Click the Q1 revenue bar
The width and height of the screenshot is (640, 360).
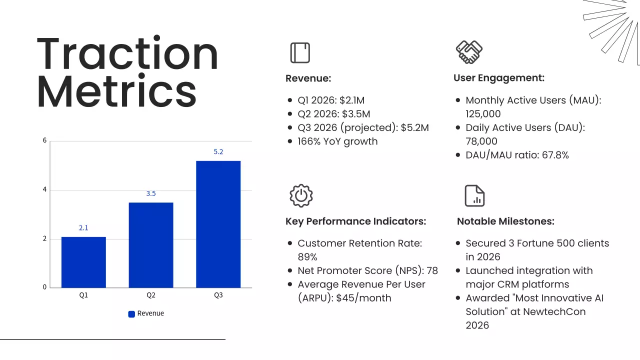[83, 262]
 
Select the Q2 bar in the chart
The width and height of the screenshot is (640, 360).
[151, 245]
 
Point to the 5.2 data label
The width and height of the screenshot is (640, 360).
[218, 152]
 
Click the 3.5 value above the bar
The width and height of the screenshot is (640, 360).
[151, 193]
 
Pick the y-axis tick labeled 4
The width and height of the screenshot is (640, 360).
[44, 190]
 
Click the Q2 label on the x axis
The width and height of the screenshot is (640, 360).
[151, 295]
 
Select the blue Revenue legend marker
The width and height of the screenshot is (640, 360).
[131, 314]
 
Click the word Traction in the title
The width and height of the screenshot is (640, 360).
[127, 54]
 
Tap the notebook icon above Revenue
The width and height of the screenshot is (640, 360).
[300, 52]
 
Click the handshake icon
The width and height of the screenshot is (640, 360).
[469, 52]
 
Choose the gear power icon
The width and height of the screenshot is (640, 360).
[300, 195]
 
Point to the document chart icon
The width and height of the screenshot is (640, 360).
[474, 195]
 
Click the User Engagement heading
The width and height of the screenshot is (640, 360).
[498, 78]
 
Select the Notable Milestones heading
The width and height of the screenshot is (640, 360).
[505, 221]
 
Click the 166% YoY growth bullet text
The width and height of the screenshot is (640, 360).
[337, 141]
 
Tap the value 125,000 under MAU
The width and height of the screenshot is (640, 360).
[483, 114]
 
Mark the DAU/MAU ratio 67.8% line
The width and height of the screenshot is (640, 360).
[517, 155]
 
